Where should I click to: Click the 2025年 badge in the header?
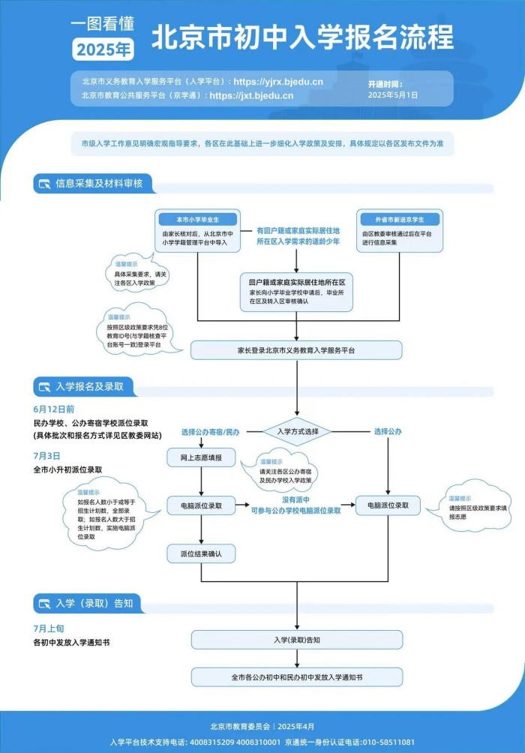103,49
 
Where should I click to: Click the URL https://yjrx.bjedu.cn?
279,81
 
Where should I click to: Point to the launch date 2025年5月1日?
393,95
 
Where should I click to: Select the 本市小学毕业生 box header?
198,220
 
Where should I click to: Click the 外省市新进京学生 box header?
399,220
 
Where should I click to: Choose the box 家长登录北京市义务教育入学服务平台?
296,350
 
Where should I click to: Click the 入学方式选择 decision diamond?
298,431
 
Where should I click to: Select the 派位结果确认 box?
201,554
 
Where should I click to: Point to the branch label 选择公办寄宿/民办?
210,432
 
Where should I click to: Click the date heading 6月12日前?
53,409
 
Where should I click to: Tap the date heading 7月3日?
46,455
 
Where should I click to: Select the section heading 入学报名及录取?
89,387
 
